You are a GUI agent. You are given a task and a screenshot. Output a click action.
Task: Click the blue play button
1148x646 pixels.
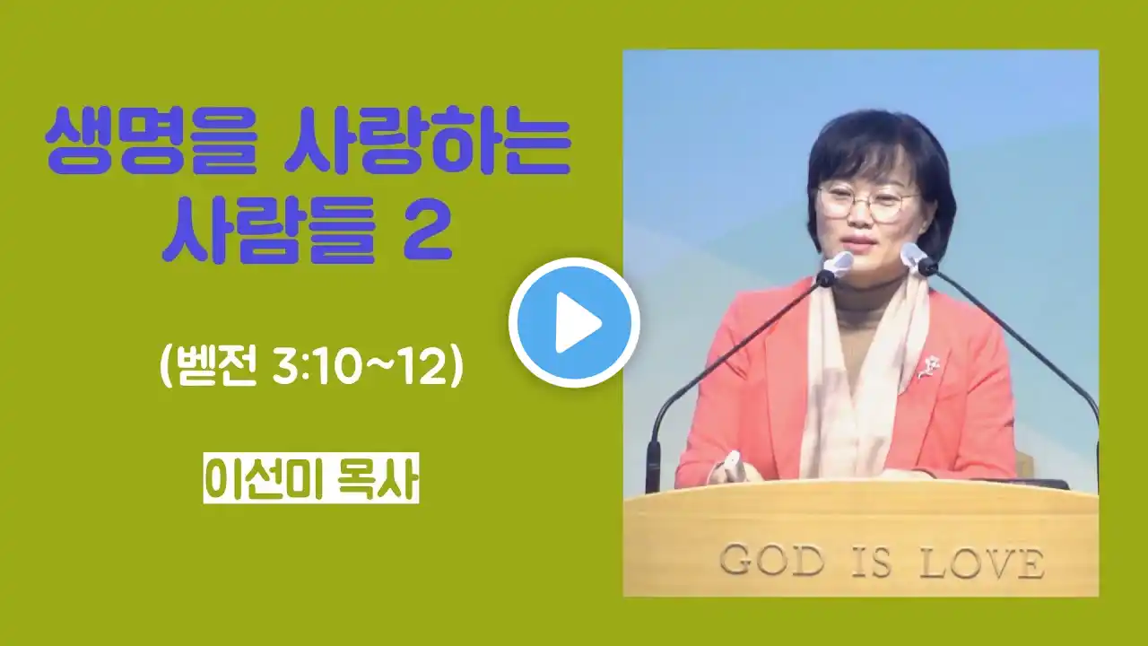click(575, 322)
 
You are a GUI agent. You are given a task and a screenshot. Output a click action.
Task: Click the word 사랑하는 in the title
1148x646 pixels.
click(427, 141)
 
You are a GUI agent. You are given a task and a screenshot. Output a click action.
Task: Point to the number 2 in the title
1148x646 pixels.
click(427, 231)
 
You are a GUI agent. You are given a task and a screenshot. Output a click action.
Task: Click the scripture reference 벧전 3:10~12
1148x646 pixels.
click(312, 368)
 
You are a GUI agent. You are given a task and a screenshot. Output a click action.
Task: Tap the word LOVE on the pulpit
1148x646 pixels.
click(982, 563)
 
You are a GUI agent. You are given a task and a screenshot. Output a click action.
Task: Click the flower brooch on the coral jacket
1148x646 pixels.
click(929, 368)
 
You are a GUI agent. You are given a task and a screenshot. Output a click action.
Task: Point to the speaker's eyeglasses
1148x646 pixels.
click(867, 203)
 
